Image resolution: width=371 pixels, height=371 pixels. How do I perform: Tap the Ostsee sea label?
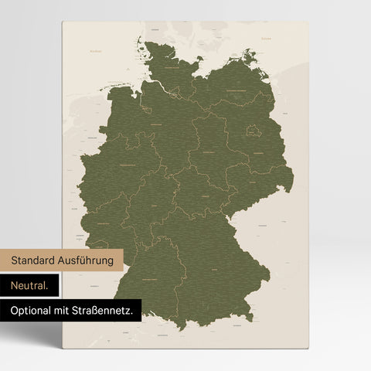point(267,37)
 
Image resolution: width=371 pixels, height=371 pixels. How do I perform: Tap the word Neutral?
point(29,286)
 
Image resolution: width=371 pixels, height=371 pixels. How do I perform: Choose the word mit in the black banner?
point(65,311)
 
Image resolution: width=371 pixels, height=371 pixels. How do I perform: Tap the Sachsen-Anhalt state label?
point(211,152)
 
